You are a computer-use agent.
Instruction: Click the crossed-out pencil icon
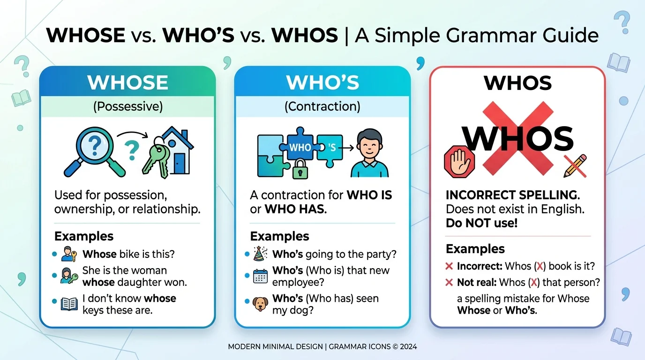575,166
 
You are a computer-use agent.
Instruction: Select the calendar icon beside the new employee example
260,276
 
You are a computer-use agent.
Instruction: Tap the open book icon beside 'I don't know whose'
69,304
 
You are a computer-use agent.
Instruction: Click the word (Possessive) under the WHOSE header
127,107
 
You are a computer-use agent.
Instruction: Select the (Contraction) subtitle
322,107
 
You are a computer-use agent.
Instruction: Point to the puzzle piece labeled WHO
300,147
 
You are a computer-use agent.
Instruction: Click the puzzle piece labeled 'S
332,147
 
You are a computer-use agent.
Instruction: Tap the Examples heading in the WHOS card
475,248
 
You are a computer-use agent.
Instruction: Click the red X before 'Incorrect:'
449,266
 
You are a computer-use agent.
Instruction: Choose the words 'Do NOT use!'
481,223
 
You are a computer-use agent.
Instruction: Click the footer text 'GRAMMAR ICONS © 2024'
373,347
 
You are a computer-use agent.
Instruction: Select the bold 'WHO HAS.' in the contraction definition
295,209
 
